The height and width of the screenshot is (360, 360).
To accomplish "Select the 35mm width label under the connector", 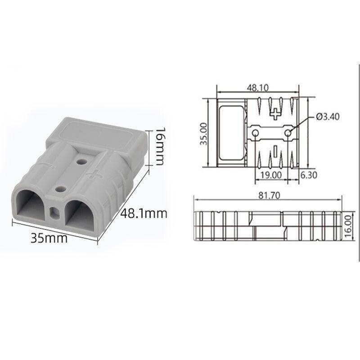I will coord(49,238).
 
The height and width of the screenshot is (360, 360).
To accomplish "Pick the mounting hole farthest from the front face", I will coord(81,160).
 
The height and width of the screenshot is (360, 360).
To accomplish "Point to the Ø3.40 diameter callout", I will coord(328,117).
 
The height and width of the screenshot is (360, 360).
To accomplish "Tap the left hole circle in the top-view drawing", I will coord(256,133).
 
